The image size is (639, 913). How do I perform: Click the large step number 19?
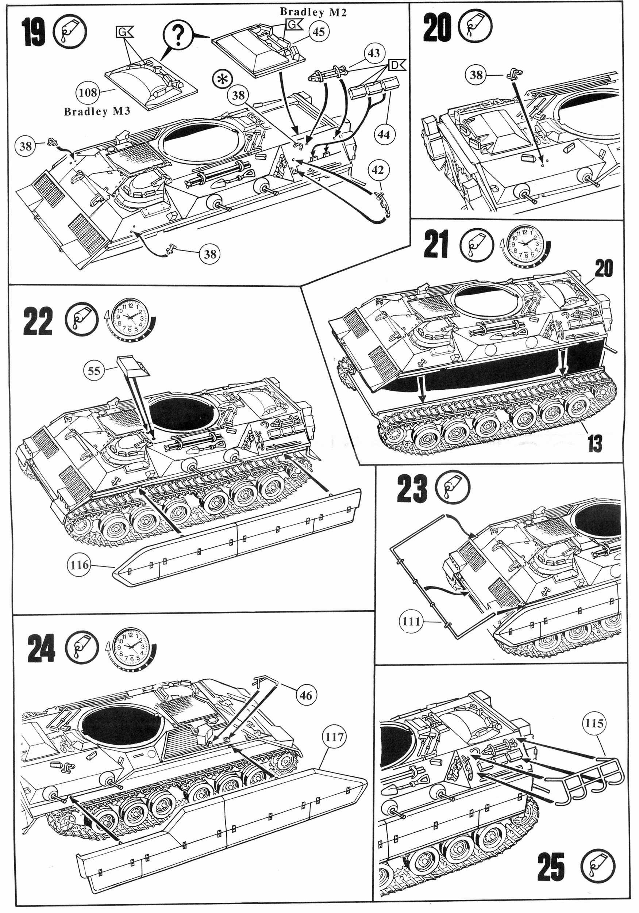34,32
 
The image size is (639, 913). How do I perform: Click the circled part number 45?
319,31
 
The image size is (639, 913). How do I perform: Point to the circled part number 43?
374,53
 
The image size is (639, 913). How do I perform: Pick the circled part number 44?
384,134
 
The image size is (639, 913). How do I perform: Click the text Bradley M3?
97,111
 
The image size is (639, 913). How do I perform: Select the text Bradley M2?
313,12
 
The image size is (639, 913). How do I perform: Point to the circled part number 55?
94,371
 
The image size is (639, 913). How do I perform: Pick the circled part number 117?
334,737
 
